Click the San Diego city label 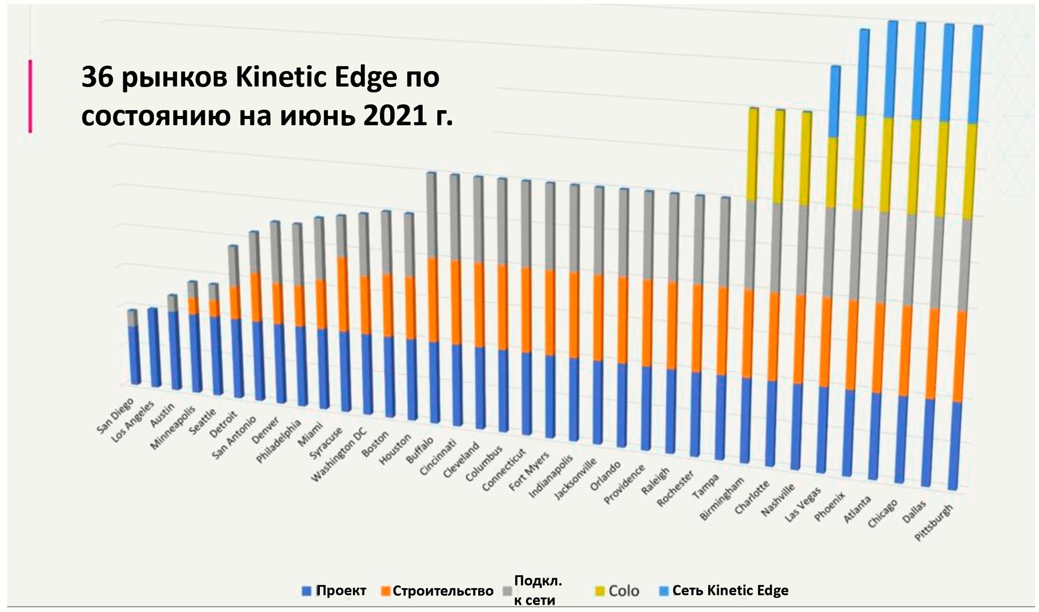[115, 415]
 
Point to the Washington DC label [339, 454]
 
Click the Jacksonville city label [576, 478]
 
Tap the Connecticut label [503, 469]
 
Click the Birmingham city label [721, 500]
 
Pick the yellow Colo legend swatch [600, 591]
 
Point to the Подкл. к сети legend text [537, 590]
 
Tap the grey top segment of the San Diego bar [132, 317]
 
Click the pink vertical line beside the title [30, 96]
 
